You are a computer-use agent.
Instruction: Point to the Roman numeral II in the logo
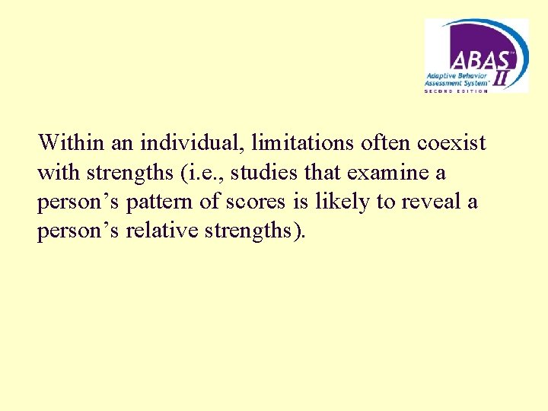pos(502,76)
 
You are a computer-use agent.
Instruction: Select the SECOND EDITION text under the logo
pos(457,90)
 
